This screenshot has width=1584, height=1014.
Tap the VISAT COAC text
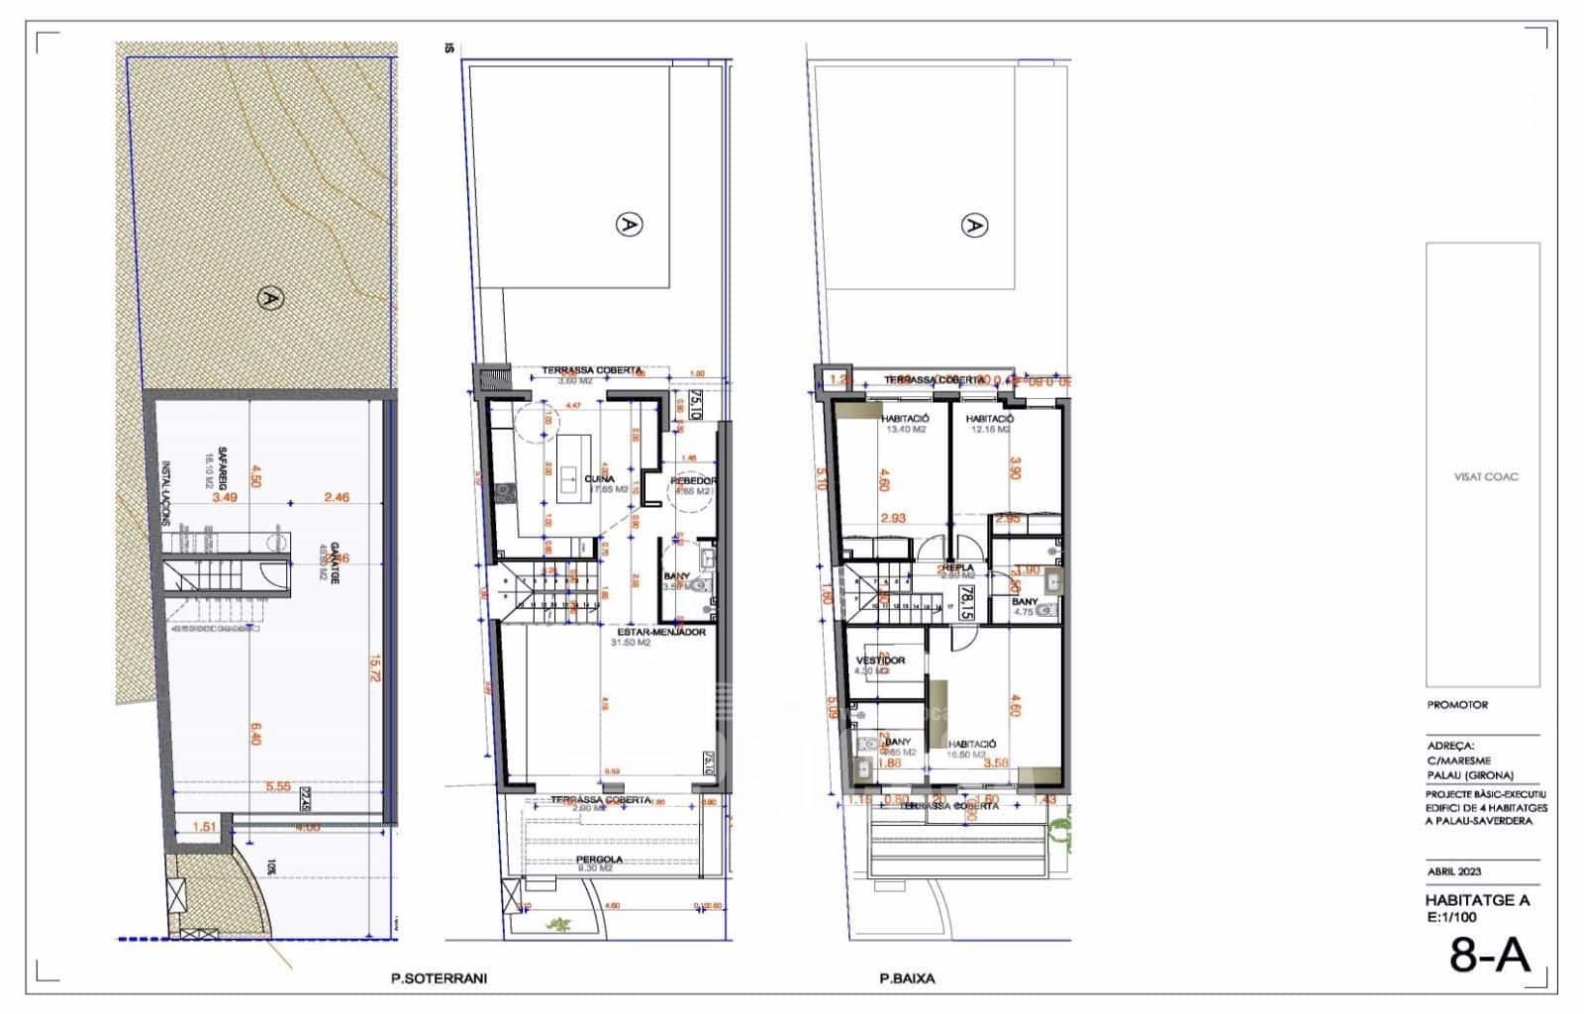tap(1485, 476)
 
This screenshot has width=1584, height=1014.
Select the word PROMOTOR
tap(1457, 705)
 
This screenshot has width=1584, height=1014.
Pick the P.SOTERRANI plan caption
tap(439, 978)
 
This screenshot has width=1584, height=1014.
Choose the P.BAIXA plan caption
tap(907, 978)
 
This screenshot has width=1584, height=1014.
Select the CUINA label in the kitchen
tap(599, 479)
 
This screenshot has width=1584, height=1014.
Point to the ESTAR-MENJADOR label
tap(660, 631)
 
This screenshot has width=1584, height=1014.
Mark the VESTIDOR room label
tap(879, 659)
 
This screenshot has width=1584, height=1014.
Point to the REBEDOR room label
tap(692, 481)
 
